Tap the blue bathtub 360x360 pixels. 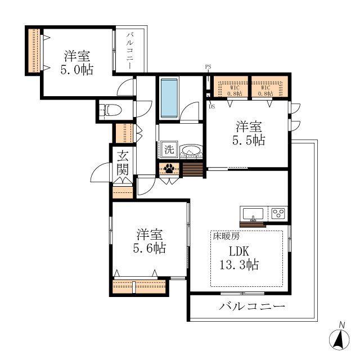point(169,98)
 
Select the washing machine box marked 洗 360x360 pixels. point(169,150)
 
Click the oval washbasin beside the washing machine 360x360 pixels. point(191,150)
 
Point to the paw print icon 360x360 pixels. point(169,169)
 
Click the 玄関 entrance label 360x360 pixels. point(123,163)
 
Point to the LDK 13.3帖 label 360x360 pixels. point(239,258)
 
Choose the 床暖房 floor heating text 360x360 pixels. point(226,236)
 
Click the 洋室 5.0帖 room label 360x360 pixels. point(77,62)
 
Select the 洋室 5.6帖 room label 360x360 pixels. point(150,241)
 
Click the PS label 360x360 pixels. point(208,67)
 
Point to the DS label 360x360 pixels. point(211,106)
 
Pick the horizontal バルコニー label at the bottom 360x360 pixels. point(252,306)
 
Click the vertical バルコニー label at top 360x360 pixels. point(130,51)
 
